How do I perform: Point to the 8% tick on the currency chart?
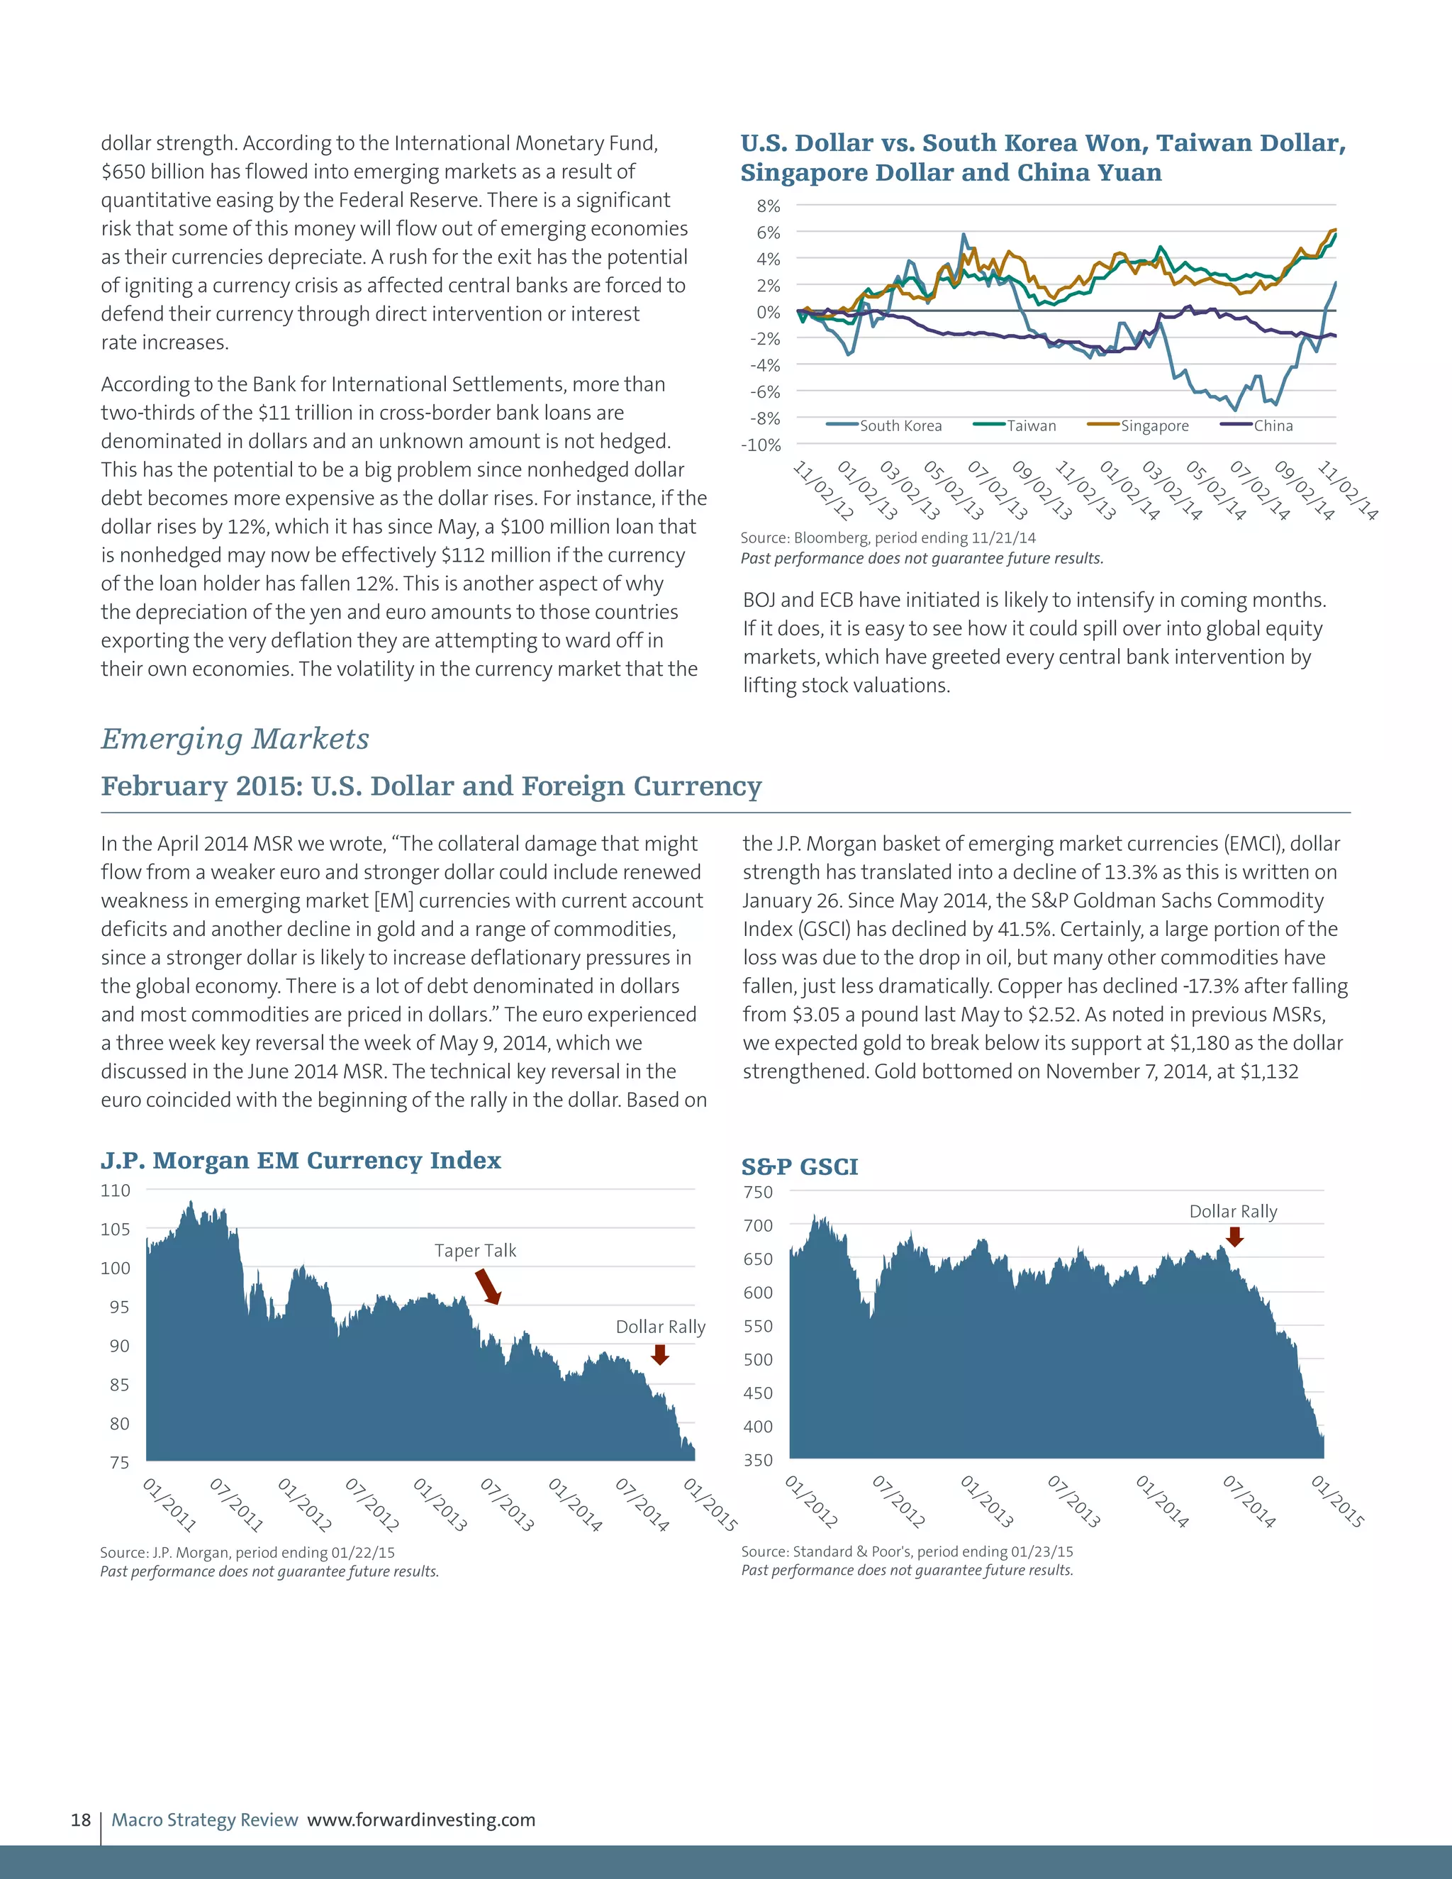[768, 206]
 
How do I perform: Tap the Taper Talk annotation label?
[475, 1250]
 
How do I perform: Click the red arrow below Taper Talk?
[488, 1286]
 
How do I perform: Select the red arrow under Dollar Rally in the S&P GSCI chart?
[1234, 1237]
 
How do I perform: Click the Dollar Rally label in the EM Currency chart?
[660, 1327]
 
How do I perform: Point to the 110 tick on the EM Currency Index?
[116, 1191]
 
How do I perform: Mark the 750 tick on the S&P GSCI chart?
[758, 1192]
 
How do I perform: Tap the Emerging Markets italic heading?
[235, 738]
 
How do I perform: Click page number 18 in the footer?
[81, 1819]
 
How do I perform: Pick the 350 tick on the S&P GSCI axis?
[758, 1460]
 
